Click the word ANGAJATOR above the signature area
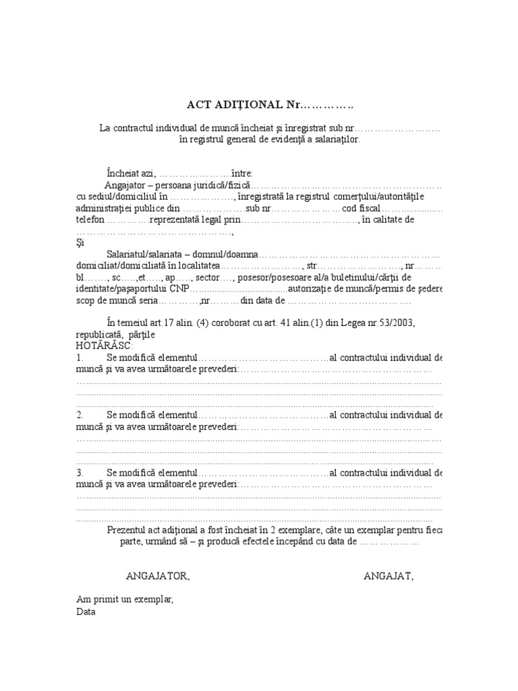pyautogui.click(x=158, y=576)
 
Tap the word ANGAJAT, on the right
pyautogui.click(x=389, y=576)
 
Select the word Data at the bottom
pyautogui.click(x=86, y=612)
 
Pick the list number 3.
pyautogui.click(x=80, y=472)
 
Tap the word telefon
pyautogui.click(x=90, y=220)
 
